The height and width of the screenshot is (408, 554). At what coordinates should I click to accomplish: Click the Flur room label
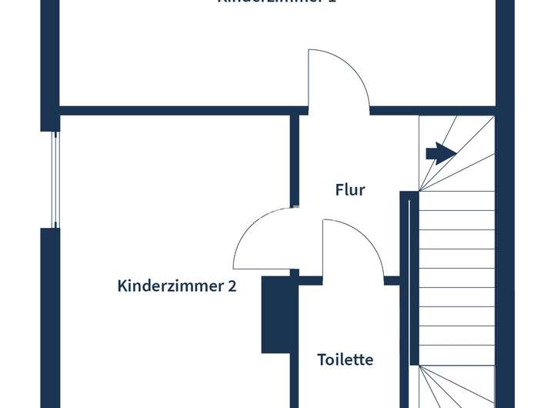click(350, 189)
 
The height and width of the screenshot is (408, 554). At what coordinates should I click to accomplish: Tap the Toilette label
click(345, 360)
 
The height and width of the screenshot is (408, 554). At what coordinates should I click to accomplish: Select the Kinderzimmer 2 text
click(177, 286)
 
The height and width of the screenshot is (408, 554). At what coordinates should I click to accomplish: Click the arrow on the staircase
click(440, 153)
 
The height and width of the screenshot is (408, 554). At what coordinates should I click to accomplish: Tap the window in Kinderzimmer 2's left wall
click(54, 179)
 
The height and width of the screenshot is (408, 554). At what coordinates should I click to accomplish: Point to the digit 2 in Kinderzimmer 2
click(232, 286)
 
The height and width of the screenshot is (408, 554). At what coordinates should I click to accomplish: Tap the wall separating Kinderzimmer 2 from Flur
click(295, 162)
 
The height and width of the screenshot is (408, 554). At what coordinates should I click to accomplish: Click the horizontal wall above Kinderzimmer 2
click(177, 111)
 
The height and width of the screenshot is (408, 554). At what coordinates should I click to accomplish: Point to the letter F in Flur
click(339, 189)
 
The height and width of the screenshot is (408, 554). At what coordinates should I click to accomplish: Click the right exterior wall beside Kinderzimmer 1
click(505, 54)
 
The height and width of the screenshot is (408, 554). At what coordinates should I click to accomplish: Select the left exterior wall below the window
click(50, 316)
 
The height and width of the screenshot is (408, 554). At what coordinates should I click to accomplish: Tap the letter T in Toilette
click(322, 360)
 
